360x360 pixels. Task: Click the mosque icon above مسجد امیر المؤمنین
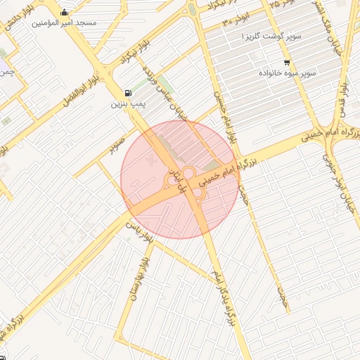click(65, 12)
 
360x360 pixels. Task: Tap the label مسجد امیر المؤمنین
click(65, 23)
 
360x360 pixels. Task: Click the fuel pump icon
click(127, 93)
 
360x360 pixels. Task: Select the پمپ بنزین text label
click(127, 104)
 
